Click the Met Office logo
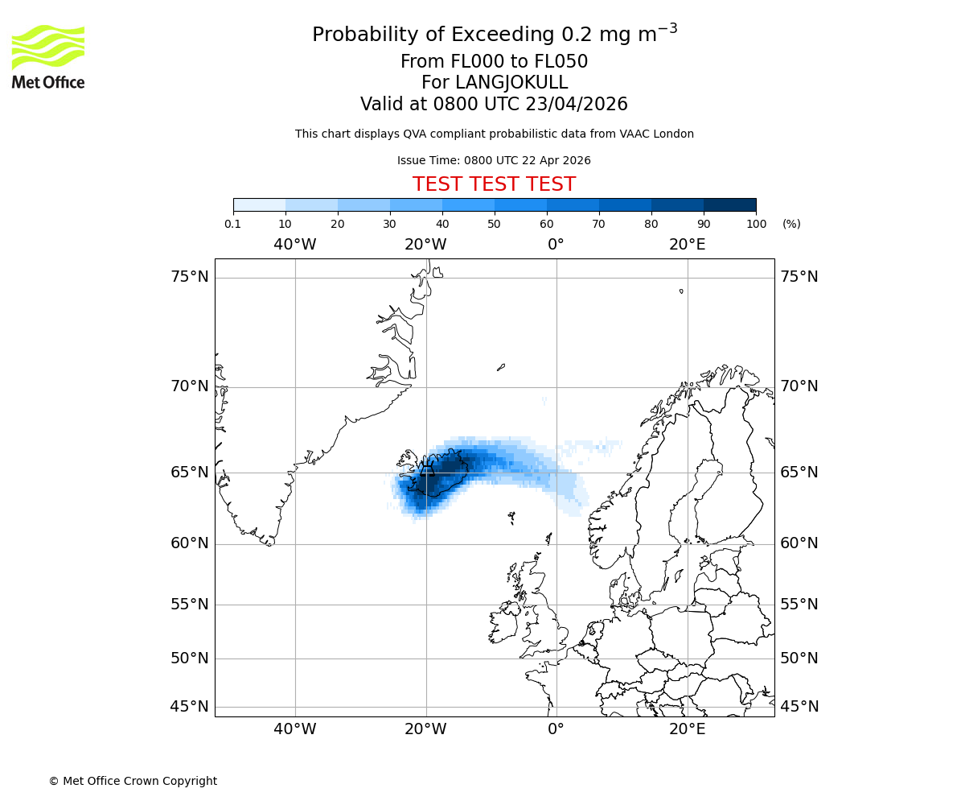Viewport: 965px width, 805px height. click(48, 56)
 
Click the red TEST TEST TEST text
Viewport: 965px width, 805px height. click(494, 184)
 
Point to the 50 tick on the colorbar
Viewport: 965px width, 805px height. click(494, 224)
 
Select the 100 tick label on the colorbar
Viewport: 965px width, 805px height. click(756, 224)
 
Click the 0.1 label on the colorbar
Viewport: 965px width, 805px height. click(233, 224)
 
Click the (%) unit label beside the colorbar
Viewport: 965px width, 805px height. click(791, 224)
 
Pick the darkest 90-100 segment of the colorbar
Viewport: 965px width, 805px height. click(729, 204)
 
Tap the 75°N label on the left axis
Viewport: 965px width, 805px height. click(190, 277)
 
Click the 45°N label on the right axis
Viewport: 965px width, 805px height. click(799, 707)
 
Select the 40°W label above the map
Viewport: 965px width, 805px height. click(295, 245)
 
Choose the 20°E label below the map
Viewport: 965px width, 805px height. click(688, 729)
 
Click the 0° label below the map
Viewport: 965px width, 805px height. click(556, 729)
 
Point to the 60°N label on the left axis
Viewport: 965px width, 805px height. click(190, 543)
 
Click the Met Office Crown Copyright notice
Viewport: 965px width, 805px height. click(133, 781)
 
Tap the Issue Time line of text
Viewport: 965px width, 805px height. click(494, 160)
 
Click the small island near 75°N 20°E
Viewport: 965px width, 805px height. click(681, 291)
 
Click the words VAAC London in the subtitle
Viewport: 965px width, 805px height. click(659, 134)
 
